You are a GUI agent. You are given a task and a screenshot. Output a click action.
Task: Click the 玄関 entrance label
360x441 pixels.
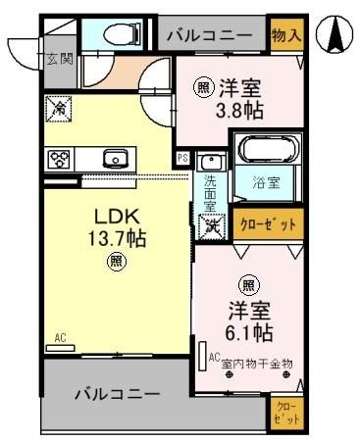pos(58,59)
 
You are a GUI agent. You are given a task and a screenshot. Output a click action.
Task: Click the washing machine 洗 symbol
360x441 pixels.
pos(211,223)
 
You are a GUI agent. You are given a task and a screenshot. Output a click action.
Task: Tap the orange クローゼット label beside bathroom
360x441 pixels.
pos(267,223)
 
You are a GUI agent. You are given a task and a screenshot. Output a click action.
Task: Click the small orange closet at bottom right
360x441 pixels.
pos(284,412)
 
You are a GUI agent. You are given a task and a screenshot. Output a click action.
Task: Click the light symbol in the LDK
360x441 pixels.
pos(117,261)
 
